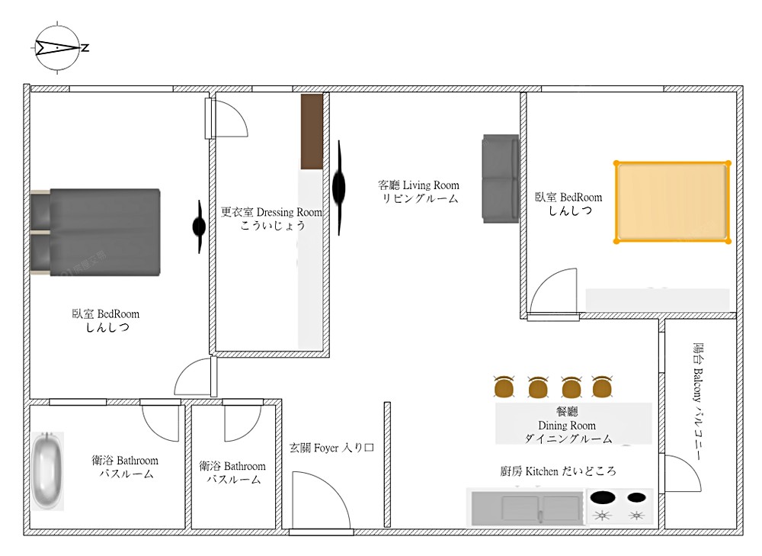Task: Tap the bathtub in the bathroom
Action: tap(47, 471)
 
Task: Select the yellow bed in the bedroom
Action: tap(673, 202)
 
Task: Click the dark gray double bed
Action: tap(96, 232)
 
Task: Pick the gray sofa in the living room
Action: tap(501, 178)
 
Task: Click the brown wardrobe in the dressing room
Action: tap(312, 132)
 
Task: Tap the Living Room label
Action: tap(418, 191)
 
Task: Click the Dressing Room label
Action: tap(271, 218)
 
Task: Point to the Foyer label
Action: tap(331, 448)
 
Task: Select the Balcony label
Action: tap(697, 401)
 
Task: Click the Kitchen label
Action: tap(558, 471)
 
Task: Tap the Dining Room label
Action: tap(568, 425)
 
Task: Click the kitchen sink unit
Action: tap(527, 508)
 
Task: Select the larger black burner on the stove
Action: tap(603, 497)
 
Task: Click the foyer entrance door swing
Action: tap(322, 500)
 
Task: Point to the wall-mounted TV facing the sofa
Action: tap(339, 188)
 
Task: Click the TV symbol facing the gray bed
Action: tap(199, 227)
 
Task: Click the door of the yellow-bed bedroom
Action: tap(553, 291)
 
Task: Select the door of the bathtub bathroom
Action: tap(160, 423)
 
